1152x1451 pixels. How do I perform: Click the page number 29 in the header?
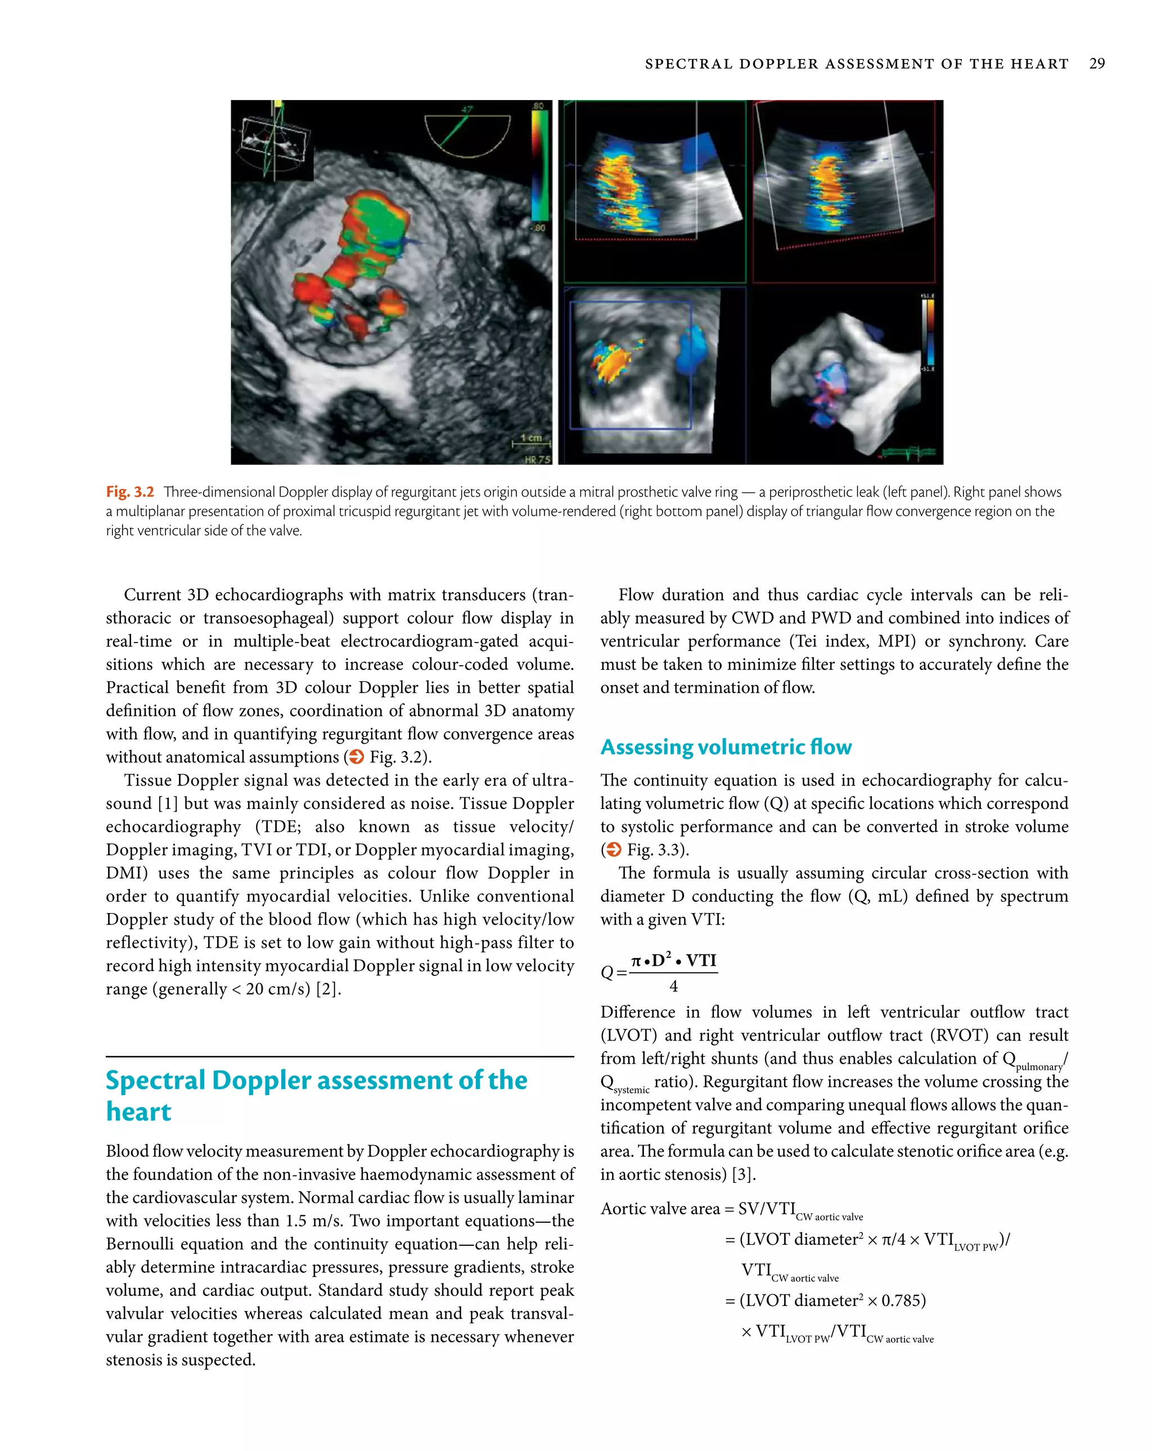click(1096, 64)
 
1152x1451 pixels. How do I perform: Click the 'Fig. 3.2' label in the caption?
click(130, 492)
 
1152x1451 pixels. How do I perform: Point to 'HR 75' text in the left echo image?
click(537, 459)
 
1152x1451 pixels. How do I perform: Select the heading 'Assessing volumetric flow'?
click(726, 747)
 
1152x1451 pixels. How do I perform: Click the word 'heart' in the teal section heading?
click(139, 1112)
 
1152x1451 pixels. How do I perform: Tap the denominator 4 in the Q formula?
click(673, 987)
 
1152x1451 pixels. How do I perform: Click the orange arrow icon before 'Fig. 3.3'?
click(613, 850)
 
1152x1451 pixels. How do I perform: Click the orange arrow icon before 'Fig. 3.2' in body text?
click(356, 757)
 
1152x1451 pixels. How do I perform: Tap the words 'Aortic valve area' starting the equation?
click(659, 1209)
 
